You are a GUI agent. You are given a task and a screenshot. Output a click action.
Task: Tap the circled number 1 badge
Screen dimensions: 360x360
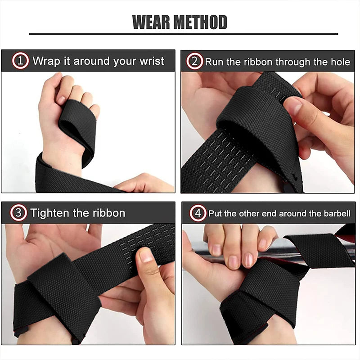(x=20, y=61)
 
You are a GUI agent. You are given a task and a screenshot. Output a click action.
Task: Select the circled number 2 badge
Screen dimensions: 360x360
(x=195, y=61)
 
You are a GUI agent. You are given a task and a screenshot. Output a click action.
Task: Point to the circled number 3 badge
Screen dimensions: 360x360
(x=19, y=213)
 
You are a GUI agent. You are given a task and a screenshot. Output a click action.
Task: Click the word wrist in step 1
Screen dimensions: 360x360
(x=152, y=61)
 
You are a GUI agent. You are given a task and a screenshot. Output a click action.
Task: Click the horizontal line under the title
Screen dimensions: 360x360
(x=183, y=34)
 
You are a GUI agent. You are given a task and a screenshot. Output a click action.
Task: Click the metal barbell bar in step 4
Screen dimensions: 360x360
(x=252, y=247)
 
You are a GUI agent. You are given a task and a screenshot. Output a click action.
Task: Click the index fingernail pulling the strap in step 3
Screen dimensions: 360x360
(x=145, y=256)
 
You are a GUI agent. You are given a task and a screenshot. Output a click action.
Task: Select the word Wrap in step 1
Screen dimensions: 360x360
(x=46, y=61)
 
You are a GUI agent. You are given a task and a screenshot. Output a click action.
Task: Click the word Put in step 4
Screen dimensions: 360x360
(x=214, y=213)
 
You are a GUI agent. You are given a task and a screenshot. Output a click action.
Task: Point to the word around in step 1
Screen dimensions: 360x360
(x=92, y=61)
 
